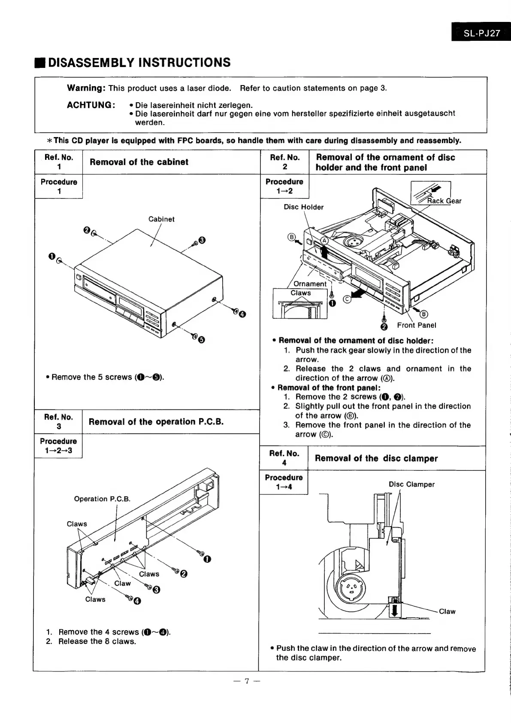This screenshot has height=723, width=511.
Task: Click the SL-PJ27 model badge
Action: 481,33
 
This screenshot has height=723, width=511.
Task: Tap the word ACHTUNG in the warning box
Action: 91,105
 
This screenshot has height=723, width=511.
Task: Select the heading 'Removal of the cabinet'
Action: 139,162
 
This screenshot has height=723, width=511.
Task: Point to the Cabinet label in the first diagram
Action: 161,219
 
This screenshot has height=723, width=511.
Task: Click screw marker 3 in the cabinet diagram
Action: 203,240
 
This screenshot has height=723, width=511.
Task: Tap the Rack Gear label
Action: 444,201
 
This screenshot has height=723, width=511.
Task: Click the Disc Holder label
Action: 304,207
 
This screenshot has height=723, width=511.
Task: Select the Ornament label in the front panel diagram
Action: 310,284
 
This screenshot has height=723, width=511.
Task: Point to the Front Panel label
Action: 416,325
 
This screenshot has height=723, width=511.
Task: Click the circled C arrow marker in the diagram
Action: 347,299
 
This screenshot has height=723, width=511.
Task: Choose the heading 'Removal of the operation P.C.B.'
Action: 156,421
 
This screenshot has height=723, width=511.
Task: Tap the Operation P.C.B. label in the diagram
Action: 102,499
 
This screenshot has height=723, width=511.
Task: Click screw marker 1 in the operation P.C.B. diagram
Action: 207,559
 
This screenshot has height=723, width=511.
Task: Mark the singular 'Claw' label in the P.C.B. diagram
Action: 122,583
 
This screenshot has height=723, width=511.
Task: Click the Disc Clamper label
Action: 411,484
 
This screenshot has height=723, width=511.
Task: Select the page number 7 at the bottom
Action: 247,681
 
